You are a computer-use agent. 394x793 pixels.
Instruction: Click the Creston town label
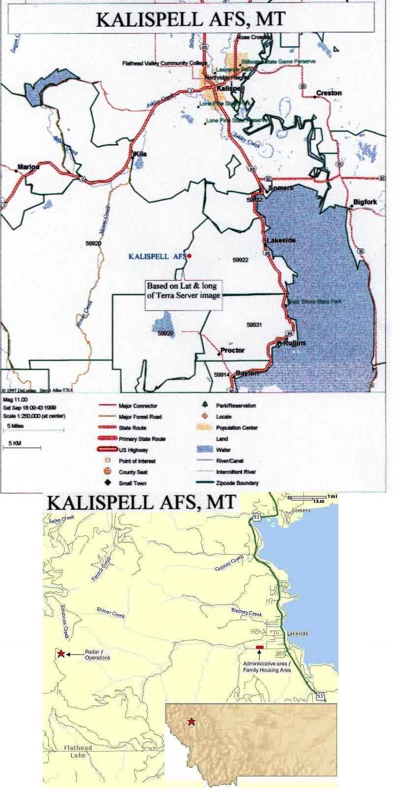coord(328,93)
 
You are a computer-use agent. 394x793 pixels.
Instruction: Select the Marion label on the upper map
coord(28,167)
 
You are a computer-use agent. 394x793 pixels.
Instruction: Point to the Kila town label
coord(140,154)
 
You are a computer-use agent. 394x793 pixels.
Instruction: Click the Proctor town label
coord(232,350)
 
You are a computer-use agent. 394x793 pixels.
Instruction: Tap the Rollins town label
coord(295,343)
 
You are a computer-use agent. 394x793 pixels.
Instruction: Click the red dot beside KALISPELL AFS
coord(189,256)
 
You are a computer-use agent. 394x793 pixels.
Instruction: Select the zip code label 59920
coord(93,243)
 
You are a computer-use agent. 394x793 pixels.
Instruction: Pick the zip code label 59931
coord(254,325)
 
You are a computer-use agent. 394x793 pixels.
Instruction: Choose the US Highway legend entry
coord(133,450)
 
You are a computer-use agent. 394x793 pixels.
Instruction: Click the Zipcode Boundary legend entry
coord(237,483)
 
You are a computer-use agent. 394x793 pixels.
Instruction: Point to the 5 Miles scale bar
coord(33,430)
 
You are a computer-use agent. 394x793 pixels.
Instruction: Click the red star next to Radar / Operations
coord(61,654)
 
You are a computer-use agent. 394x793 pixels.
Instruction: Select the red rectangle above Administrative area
coord(260,647)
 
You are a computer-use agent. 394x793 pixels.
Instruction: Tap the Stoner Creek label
coord(111,613)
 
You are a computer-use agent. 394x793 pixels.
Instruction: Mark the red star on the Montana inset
coord(191,722)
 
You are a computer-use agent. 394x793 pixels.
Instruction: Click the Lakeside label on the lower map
coord(297,633)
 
